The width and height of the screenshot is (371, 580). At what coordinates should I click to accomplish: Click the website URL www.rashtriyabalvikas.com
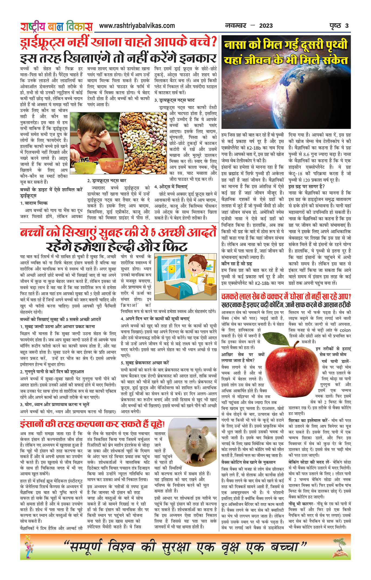pos(137,26)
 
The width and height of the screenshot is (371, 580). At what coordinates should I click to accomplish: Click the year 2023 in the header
pos(266,26)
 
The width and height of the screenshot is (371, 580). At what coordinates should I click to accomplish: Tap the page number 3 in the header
pos(347,26)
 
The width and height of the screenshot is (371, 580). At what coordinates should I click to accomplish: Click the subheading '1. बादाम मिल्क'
pos(34,203)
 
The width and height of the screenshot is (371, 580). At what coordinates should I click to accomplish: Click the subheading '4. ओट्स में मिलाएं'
pos(171,187)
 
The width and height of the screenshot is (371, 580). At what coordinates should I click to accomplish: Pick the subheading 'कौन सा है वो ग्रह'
pos(237,263)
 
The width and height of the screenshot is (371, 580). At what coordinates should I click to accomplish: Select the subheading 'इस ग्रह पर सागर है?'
pos(306,186)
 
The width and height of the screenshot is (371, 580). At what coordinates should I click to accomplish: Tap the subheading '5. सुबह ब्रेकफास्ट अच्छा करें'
pos(145,363)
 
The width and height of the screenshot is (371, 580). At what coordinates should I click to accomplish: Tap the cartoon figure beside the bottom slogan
pos(28,547)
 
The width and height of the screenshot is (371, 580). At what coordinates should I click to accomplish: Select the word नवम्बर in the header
pos(236,26)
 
